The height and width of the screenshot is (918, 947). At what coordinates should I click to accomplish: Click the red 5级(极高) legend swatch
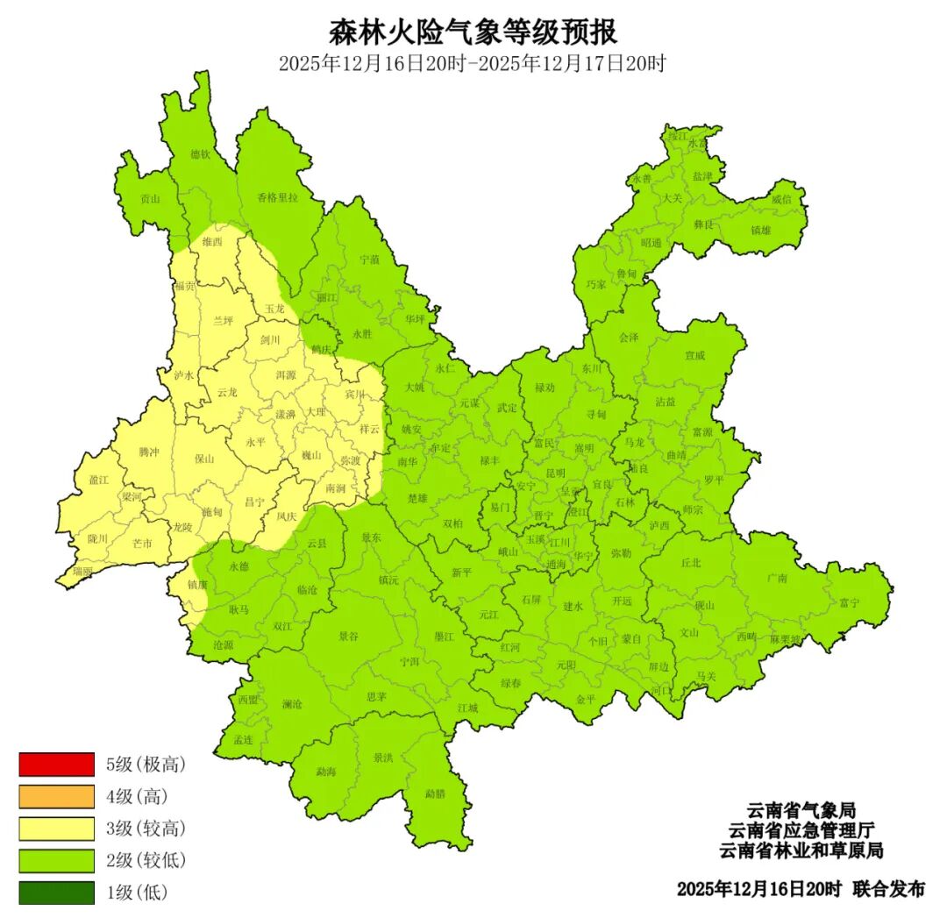coord(56,765)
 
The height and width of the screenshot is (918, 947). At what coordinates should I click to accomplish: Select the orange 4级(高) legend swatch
coord(56,796)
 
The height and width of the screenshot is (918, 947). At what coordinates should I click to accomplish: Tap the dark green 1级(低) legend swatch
coord(56,893)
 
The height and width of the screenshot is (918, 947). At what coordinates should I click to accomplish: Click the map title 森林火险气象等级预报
coord(473,32)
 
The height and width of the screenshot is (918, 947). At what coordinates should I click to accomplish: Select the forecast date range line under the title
coord(473,64)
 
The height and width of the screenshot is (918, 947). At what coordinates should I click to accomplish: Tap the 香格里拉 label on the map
coord(277,198)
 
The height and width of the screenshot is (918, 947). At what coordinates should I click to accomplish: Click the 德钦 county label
coord(201,154)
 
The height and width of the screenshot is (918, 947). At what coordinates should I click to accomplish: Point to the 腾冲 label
coord(149,452)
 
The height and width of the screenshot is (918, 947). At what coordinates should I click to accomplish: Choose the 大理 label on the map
coord(315,411)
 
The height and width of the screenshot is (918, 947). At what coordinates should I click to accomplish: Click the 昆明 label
coord(555,473)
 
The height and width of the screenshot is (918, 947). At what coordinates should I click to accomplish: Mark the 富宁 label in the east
coord(849,602)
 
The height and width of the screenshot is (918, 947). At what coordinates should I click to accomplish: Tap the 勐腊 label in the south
coord(435,793)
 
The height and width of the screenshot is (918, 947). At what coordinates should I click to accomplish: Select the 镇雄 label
coord(761,231)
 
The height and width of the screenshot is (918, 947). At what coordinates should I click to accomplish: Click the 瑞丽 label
coord(82,571)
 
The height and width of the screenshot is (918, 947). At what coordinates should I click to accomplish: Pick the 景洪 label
coord(382,757)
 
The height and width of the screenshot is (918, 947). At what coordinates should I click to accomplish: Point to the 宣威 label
coord(694,356)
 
